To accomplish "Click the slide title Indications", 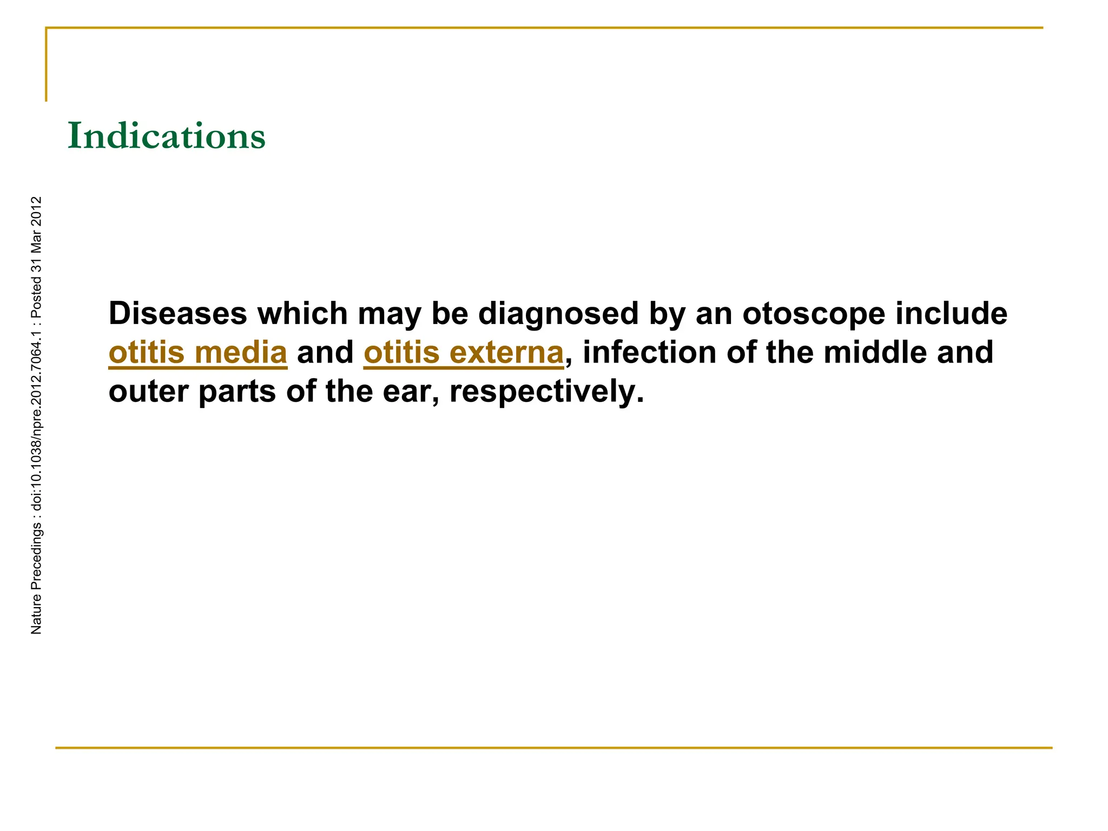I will pyautogui.click(x=167, y=136).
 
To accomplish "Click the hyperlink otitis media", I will pyautogui.click(x=197, y=353).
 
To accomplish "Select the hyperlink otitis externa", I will pyautogui.click(x=464, y=353).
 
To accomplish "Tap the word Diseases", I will pyautogui.click(x=178, y=313).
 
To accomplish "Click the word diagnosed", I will pyautogui.click(x=558, y=314).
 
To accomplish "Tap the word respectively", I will pyautogui.click(x=546, y=392).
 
